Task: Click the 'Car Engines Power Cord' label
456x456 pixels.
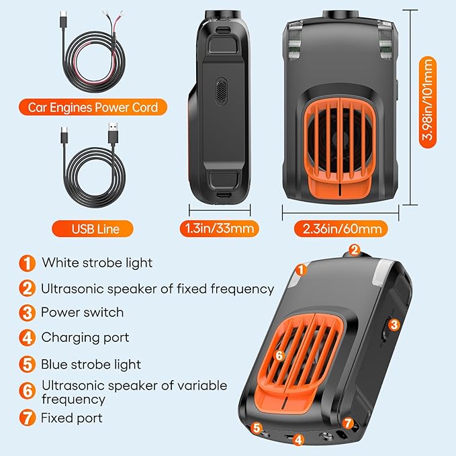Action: point(93,107)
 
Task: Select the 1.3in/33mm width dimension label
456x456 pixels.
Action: point(219,228)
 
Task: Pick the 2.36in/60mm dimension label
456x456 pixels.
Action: point(340,228)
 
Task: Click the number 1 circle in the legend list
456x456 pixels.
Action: point(27,263)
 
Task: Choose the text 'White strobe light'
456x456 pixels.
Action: point(97,263)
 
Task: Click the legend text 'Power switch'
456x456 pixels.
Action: point(82,312)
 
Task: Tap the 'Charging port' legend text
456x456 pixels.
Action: point(85,337)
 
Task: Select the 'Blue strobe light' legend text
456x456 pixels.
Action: point(91,365)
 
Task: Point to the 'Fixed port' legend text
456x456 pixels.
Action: point(72,418)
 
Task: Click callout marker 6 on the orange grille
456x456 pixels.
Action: point(279,354)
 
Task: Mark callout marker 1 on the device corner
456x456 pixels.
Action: point(302,269)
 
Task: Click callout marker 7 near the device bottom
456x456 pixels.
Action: point(347,422)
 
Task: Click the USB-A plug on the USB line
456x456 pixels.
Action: point(113,132)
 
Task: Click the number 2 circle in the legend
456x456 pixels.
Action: point(27,288)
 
